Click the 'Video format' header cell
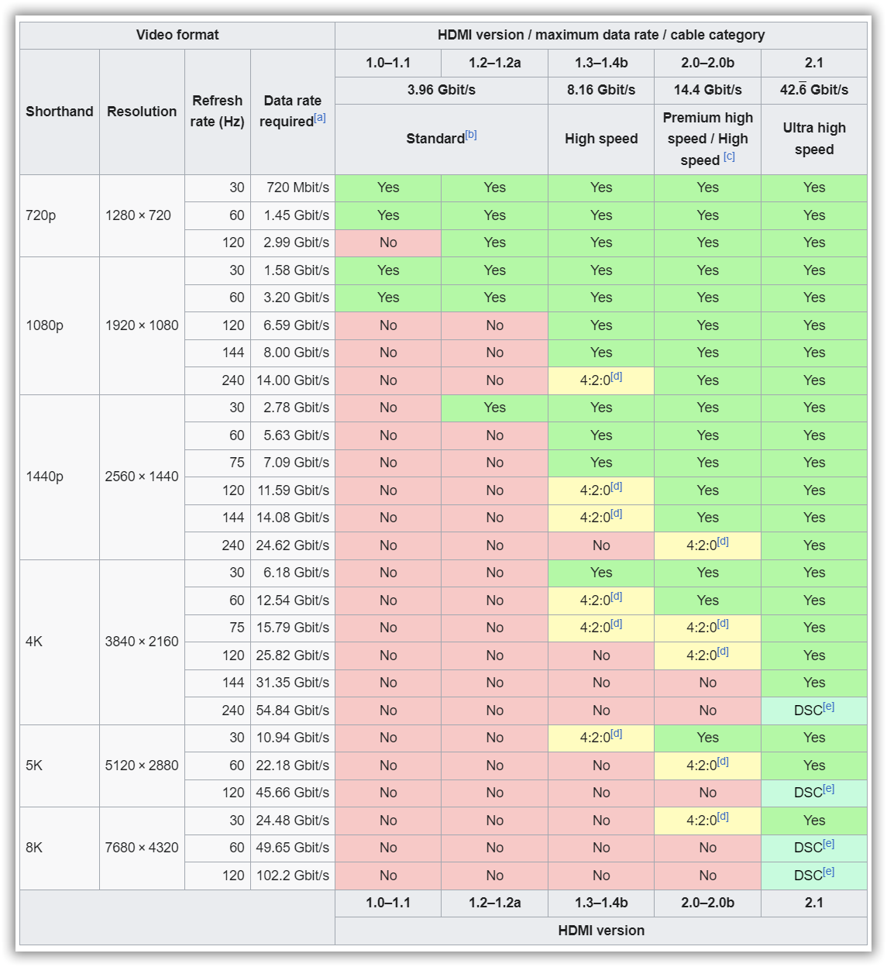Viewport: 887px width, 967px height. pyautogui.click(x=177, y=35)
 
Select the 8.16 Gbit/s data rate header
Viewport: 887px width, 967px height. pyautogui.click(x=600, y=90)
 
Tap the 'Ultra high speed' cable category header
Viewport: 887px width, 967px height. pyautogui.click(x=813, y=139)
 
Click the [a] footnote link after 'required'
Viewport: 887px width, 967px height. pyautogui.click(x=320, y=118)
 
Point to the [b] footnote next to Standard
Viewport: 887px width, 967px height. pyautogui.click(x=471, y=135)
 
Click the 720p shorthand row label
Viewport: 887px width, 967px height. pyautogui.click(x=41, y=215)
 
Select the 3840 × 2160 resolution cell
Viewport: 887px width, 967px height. pyautogui.click(x=142, y=642)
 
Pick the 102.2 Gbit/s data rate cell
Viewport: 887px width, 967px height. pyautogui.click(x=293, y=876)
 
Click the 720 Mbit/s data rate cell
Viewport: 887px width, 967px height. pyautogui.click(x=293, y=188)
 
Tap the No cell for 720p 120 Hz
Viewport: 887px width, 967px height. pyautogui.click(x=388, y=243)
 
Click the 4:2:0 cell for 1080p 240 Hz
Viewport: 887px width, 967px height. pyautogui.click(x=600, y=380)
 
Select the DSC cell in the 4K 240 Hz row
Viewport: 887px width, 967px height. pyautogui.click(x=813, y=710)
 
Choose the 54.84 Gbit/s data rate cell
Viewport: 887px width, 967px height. pyautogui.click(x=293, y=711)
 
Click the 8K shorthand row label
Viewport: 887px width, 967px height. pyautogui.click(x=34, y=848)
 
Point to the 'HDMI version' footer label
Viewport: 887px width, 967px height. pyautogui.click(x=601, y=931)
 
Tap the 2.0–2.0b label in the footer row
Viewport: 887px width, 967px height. pyautogui.click(x=707, y=903)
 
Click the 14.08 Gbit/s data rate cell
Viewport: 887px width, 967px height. pyautogui.click(x=293, y=518)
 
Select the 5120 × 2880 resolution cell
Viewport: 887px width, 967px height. pyautogui.click(x=142, y=766)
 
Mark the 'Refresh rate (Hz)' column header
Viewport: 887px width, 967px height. pyautogui.click(x=218, y=112)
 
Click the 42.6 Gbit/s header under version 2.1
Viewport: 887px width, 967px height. pyautogui.click(x=813, y=90)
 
